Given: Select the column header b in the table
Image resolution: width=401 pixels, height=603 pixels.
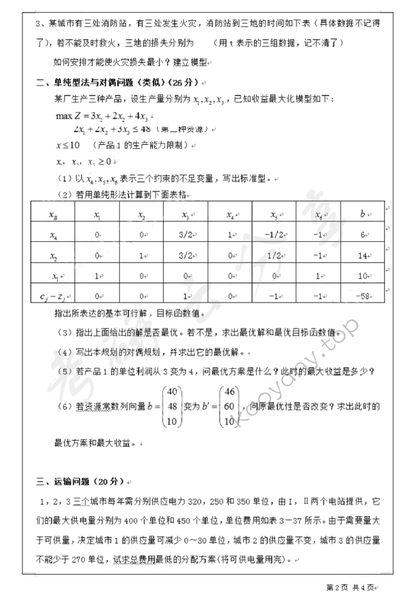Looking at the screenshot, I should click(x=363, y=215).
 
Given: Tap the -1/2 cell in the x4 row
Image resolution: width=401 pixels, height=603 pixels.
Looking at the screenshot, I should click(x=274, y=235).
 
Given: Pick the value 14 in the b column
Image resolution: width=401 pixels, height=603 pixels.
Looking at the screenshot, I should click(x=363, y=256).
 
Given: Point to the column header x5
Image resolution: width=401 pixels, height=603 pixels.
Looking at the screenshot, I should click(x=274, y=215).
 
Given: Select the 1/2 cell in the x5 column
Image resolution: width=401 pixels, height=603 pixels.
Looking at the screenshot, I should click(x=274, y=256).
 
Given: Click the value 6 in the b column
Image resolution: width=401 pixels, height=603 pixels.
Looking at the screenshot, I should click(x=363, y=235).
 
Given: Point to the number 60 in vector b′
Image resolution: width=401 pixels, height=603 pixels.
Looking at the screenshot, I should click(x=230, y=406).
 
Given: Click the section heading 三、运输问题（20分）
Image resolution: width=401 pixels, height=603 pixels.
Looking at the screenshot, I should click(x=77, y=482).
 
